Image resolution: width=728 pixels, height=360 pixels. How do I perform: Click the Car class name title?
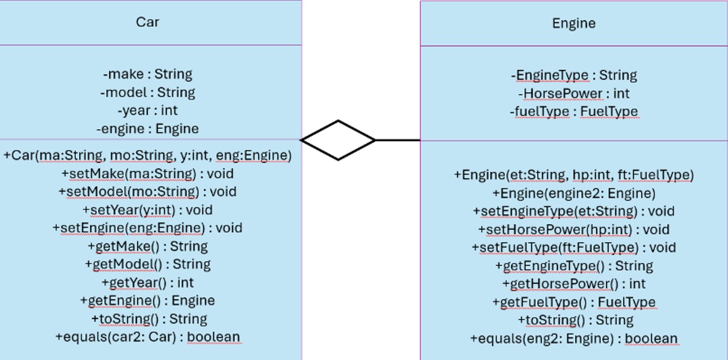(x=147, y=22)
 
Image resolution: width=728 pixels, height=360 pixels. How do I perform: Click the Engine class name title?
(x=574, y=23)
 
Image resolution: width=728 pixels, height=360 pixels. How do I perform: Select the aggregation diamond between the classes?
(x=338, y=140)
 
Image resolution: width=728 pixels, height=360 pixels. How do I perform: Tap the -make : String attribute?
(x=147, y=74)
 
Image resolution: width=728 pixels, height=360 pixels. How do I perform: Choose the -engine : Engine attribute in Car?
(x=147, y=129)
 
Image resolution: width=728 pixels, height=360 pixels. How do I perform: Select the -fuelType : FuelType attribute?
(x=574, y=112)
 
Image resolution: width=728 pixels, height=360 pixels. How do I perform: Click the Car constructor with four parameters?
(x=147, y=155)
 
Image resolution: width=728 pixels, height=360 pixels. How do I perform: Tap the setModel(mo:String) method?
(x=147, y=191)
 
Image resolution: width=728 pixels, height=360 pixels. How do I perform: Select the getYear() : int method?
(x=147, y=283)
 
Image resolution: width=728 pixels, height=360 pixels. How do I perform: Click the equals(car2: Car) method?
(x=147, y=337)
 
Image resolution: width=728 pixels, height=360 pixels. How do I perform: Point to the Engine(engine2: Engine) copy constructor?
(x=574, y=193)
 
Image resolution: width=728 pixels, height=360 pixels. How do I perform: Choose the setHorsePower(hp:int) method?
(x=574, y=229)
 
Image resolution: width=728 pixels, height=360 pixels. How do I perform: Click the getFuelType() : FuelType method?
(x=574, y=302)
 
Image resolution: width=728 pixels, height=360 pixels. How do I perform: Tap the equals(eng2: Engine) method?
(x=574, y=339)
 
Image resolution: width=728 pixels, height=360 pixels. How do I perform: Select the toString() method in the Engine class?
(x=574, y=320)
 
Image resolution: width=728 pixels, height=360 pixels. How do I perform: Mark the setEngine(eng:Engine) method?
(x=147, y=228)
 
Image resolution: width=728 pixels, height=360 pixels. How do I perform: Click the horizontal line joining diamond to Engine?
(x=398, y=140)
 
